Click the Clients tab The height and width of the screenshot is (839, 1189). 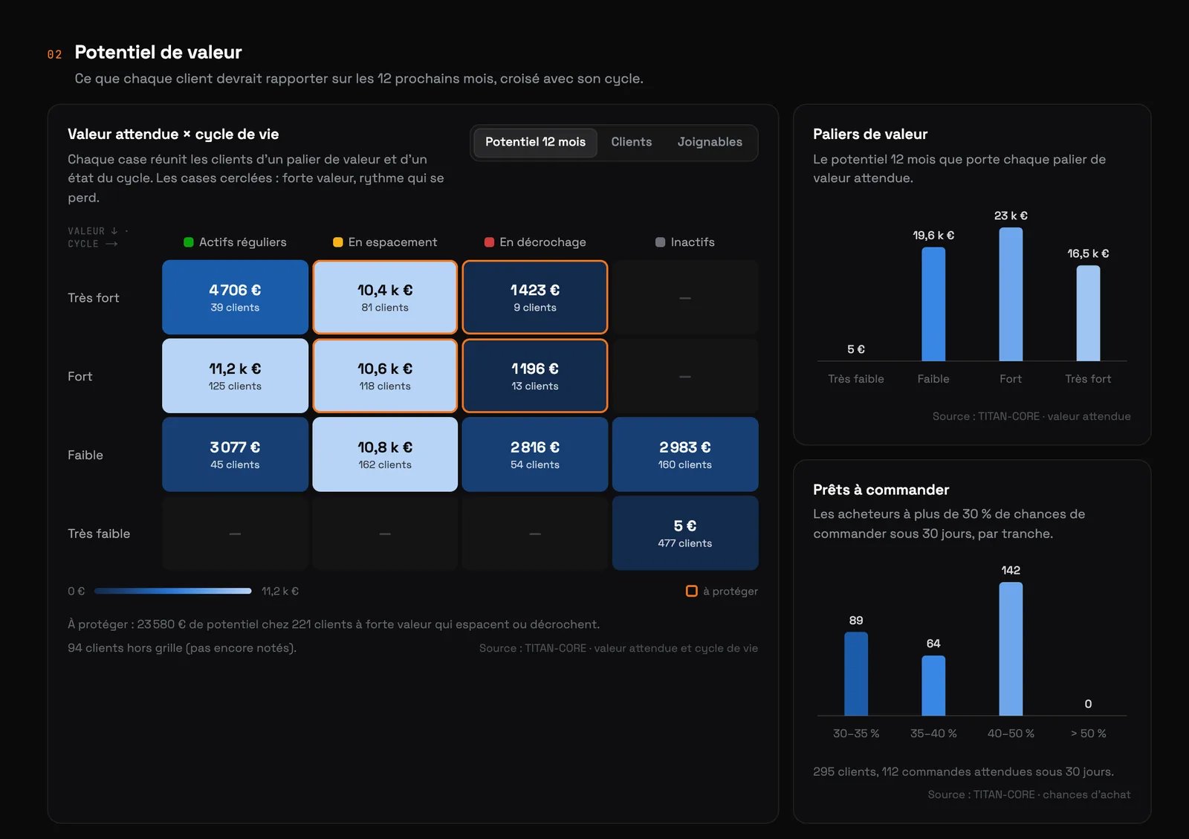click(x=631, y=142)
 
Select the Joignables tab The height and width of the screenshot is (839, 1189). click(x=710, y=142)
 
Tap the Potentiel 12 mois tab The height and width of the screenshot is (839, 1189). click(x=535, y=142)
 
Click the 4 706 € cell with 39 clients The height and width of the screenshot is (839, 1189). click(x=235, y=297)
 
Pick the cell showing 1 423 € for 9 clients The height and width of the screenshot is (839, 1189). click(x=535, y=297)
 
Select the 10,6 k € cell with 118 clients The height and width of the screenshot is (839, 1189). click(x=385, y=376)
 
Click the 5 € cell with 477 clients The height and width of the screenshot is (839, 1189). click(x=684, y=533)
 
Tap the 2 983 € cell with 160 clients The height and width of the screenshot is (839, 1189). click(x=684, y=454)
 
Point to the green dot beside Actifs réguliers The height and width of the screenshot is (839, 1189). click(x=189, y=242)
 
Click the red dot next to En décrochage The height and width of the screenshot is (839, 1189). click(x=490, y=242)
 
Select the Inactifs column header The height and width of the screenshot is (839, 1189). click(x=684, y=242)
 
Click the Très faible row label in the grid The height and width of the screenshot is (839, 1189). click(x=99, y=534)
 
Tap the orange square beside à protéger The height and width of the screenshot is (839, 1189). click(x=692, y=591)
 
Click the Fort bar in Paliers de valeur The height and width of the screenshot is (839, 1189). click(x=1011, y=294)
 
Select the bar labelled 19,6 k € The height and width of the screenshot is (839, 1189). click(x=933, y=304)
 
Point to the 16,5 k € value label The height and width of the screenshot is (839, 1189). click(x=1088, y=253)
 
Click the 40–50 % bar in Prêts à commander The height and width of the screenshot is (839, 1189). click(x=1011, y=649)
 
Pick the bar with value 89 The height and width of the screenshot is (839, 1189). click(x=856, y=674)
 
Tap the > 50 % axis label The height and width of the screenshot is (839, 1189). click(x=1088, y=733)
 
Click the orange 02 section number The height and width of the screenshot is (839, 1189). click(x=55, y=54)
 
